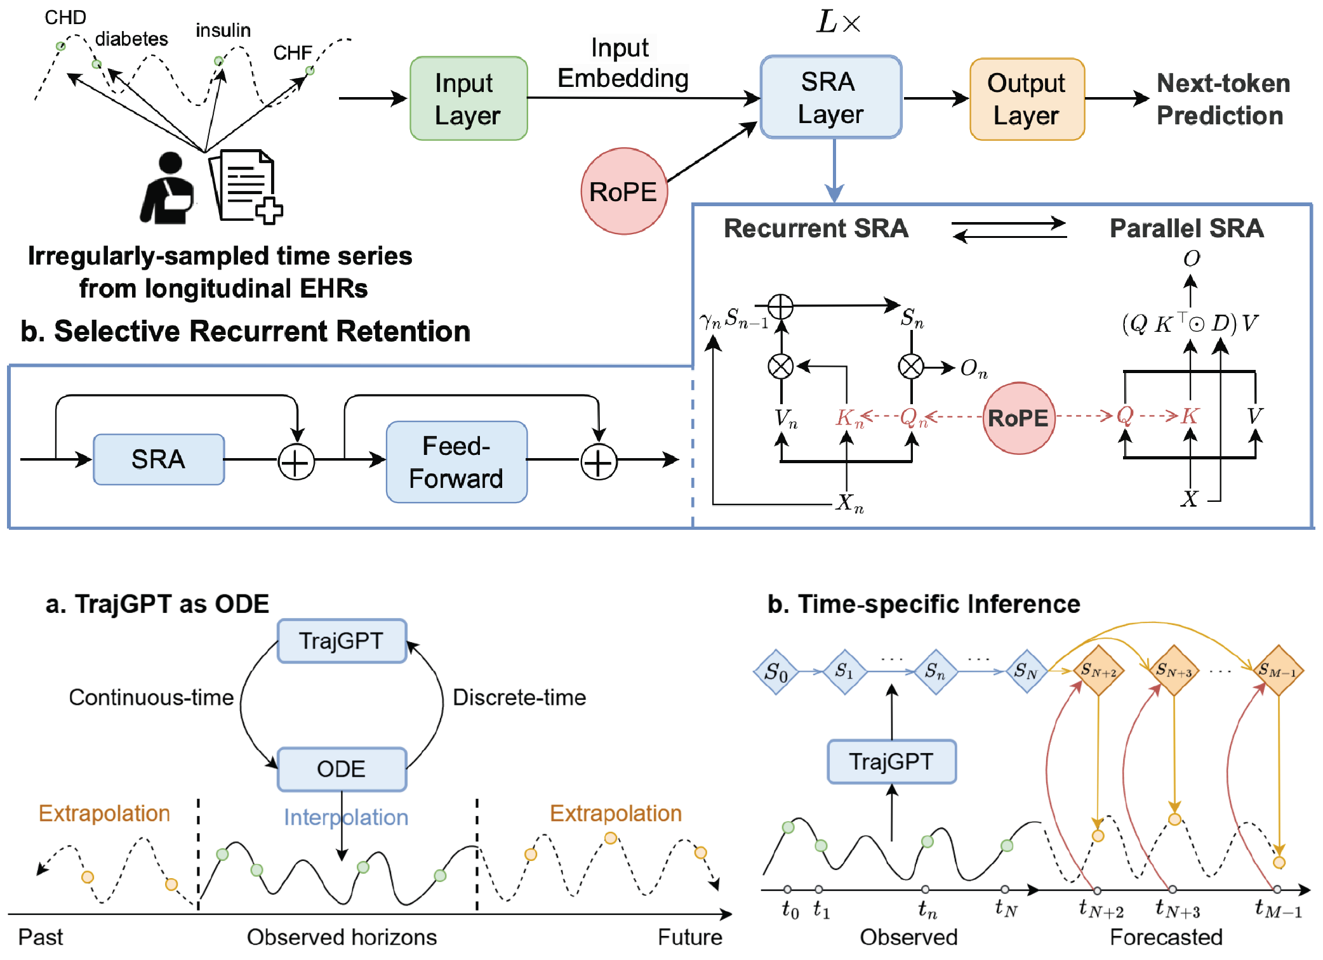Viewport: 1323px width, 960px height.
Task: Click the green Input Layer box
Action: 469,98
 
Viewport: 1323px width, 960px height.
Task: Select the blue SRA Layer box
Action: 830,97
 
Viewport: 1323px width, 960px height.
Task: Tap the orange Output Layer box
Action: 1027,99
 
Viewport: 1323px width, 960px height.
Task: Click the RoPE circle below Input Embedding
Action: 623,191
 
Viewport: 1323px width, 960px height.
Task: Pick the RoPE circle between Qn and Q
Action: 1018,418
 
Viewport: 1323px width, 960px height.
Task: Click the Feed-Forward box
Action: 456,462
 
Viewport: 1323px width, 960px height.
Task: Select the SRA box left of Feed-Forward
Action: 158,459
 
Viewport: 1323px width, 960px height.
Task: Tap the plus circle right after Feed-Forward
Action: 598,461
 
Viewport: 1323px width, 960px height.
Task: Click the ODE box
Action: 342,769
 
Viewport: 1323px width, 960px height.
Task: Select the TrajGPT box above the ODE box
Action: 342,641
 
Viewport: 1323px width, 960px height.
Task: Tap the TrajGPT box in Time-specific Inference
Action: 891,761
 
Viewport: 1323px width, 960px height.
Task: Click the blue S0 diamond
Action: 776,671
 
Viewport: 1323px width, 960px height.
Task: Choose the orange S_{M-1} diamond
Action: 1278,670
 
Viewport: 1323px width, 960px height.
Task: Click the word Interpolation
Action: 346,817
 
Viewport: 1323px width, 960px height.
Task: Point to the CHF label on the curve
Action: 292,53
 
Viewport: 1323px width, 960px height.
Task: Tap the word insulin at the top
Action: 223,30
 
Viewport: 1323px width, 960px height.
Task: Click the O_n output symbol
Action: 973,369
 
